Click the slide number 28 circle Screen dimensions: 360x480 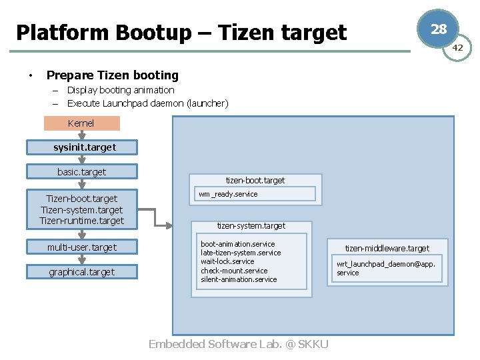(438, 29)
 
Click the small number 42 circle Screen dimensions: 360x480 (458, 48)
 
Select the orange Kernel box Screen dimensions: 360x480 (81, 123)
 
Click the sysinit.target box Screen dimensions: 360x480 (82, 147)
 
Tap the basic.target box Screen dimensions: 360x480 (82, 172)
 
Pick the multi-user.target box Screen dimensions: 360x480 (82, 247)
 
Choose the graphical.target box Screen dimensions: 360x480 (82, 272)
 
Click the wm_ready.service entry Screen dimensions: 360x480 (228, 194)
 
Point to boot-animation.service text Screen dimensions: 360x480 (238, 244)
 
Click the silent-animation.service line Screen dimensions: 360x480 (239, 279)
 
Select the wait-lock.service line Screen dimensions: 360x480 (227, 261)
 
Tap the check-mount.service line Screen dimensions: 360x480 (234, 271)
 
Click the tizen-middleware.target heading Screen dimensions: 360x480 (387, 249)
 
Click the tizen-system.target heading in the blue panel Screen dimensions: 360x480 (251, 226)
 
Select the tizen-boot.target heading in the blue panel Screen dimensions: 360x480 (255, 180)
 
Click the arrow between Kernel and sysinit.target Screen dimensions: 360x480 (81, 135)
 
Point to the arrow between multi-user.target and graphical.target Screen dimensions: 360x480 (81, 260)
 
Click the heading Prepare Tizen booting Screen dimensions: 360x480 (113, 75)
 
